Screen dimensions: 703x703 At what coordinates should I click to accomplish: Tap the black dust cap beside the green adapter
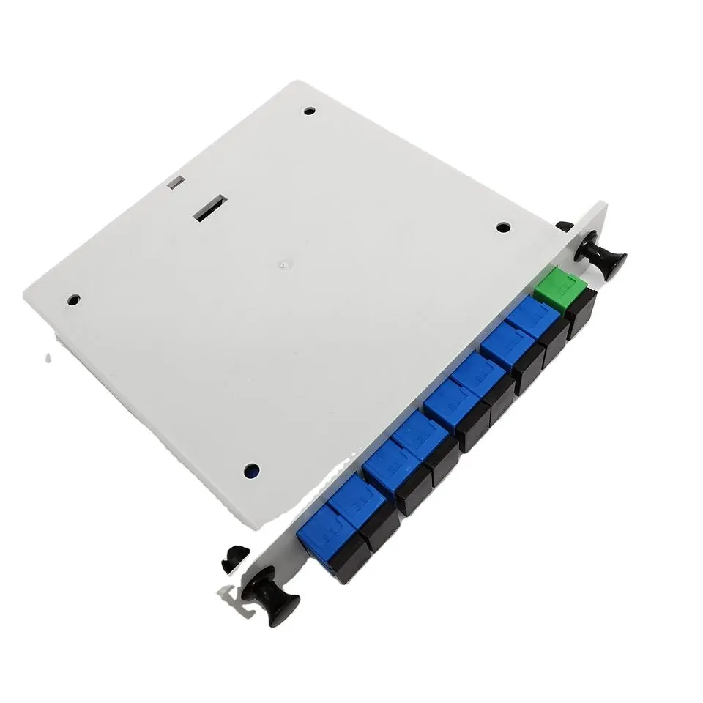[x=580, y=314]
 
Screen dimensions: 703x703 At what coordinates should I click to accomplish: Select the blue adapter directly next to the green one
[x=533, y=317]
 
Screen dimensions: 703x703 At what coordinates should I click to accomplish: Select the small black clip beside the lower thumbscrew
[x=234, y=559]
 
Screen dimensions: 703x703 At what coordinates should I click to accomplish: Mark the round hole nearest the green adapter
[x=503, y=228]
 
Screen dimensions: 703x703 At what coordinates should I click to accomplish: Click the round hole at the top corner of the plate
[x=309, y=112]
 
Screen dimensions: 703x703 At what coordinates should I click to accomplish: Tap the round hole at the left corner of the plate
[x=73, y=300]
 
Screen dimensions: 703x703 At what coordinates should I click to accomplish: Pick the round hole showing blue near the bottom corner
[x=250, y=469]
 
